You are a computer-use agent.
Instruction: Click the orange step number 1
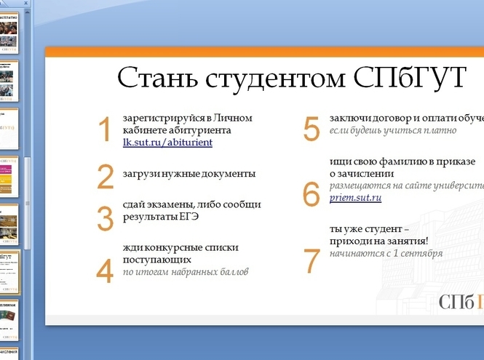105,129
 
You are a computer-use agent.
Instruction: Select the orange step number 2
106,177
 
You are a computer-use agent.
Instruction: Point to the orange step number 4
106,270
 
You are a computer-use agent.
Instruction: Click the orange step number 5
312,129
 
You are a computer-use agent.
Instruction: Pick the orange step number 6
312,193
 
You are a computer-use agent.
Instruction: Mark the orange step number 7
312,260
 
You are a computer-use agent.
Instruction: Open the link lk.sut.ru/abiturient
167,143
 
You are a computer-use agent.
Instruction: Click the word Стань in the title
154,78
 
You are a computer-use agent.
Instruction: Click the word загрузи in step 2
141,174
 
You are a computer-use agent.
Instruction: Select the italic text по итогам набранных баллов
186,272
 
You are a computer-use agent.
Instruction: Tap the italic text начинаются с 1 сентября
386,254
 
